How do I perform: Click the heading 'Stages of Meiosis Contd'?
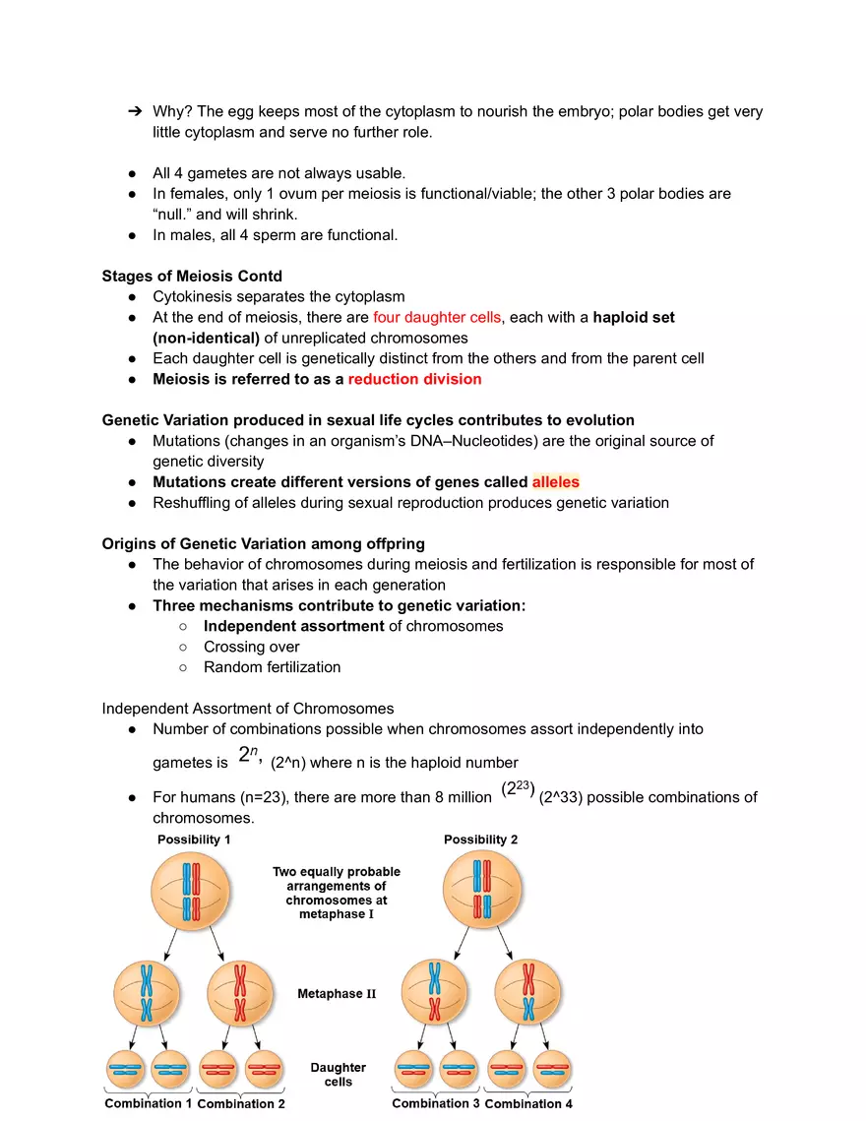192,276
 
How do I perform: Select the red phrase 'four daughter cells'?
437,317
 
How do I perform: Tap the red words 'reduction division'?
414,379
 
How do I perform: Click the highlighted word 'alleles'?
555,482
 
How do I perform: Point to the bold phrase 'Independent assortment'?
293,626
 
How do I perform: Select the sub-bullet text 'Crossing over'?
251,647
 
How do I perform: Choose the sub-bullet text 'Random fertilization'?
272,667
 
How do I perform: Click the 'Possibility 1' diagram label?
194,840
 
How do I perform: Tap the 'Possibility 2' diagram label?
480,840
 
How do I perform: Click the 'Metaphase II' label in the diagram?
337,994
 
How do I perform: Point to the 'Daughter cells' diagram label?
338,1074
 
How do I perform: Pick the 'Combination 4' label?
528,1103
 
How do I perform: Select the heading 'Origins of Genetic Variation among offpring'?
263,543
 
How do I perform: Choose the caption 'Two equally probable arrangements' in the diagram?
337,893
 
